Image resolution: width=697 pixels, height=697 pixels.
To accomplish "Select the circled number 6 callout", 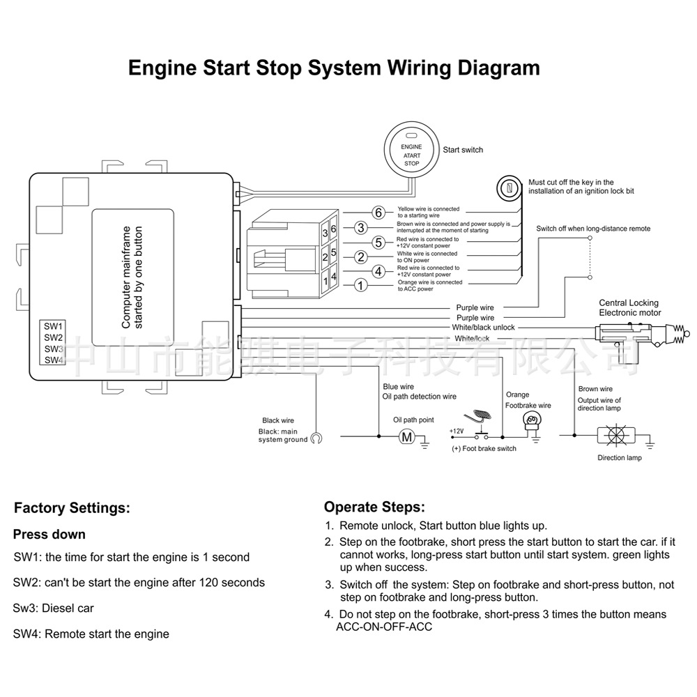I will tap(378, 213).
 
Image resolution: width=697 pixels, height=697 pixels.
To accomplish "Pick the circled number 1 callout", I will tap(360, 284).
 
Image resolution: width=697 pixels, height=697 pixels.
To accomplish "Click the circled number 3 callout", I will tap(360, 227).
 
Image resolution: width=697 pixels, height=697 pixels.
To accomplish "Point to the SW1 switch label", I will tap(54, 326).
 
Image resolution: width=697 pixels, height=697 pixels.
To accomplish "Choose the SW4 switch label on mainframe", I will tap(54, 360).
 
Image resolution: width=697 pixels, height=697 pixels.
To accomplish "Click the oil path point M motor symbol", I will tap(406, 437).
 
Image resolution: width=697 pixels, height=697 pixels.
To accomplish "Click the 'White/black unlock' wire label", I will tap(483, 328).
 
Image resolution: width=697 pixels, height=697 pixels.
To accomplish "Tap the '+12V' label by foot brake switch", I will tap(456, 431).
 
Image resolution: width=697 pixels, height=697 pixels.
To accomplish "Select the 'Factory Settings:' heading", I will tap(72, 508).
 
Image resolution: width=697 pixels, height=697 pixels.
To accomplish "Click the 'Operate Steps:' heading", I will tap(374, 507).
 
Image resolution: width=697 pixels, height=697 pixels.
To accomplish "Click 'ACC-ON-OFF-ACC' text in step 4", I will tap(383, 627).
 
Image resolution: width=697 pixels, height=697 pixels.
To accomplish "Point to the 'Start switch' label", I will tap(463, 150).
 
